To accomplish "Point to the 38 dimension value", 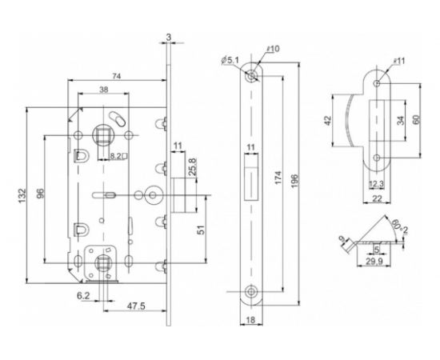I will [104, 90].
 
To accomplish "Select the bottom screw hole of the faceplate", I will [253, 293].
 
